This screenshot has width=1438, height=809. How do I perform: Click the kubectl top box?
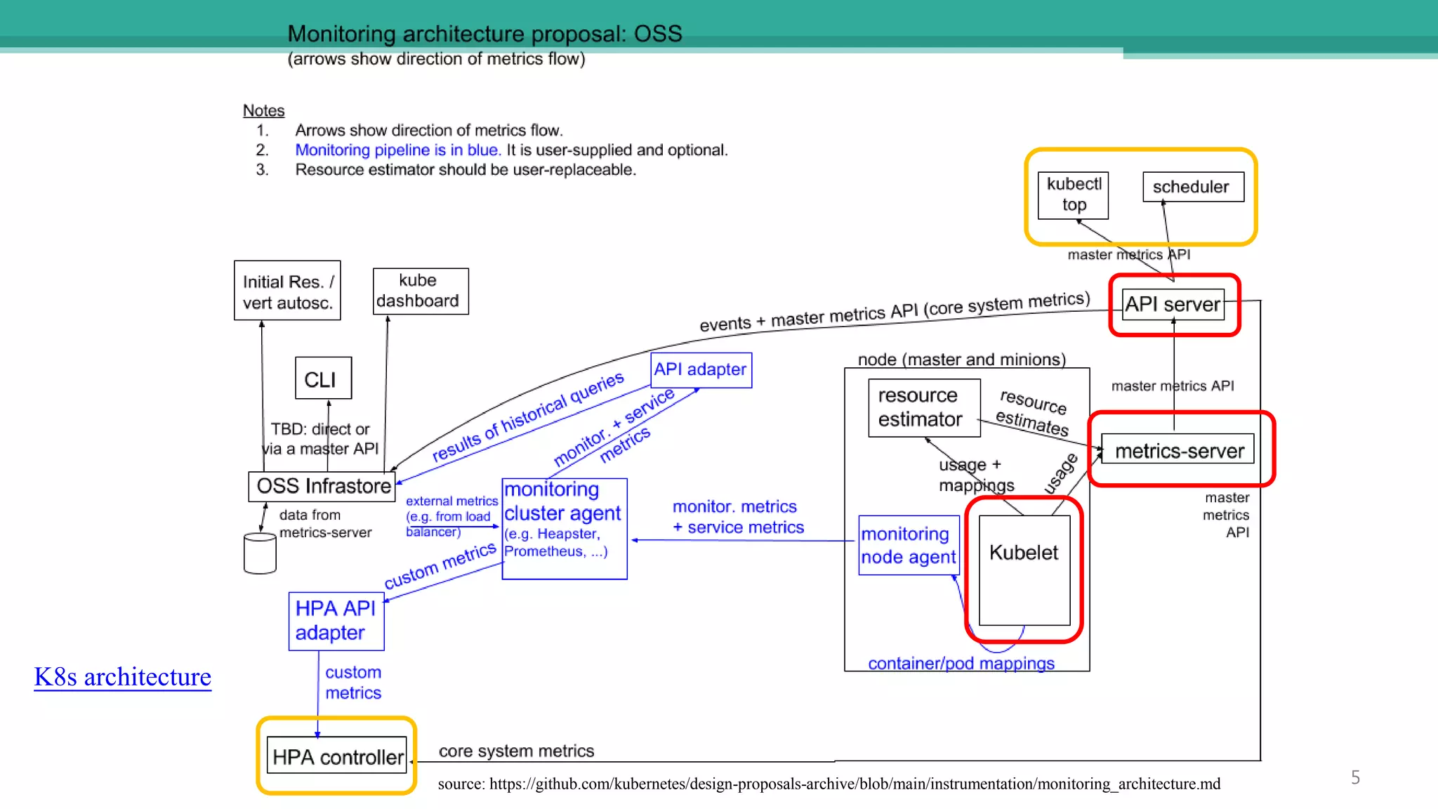tap(1073, 195)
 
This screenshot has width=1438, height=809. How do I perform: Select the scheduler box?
tap(1192, 187)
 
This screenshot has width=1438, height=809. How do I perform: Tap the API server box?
tap(1173, 304)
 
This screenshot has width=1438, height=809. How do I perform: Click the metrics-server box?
tap(1178, 450)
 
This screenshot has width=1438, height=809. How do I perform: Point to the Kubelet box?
tap(1024, 569)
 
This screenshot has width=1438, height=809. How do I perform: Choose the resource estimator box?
tap(923, 407)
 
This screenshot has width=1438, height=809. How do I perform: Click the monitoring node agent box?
tap(908, 545)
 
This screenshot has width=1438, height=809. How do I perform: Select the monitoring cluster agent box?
tap(564, 528)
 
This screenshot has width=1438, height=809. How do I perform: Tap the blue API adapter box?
tap(701, 369)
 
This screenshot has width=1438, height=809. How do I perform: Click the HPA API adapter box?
tap(336, 621)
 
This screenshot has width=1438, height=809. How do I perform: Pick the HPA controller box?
tap(337, 756)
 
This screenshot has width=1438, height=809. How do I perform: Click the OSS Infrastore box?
tap(322, 486)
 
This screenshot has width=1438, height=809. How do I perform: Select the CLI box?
tap(322, 379)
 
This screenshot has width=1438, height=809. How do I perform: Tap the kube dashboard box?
tap(419, 291)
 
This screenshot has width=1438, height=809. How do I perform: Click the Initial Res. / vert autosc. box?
tap(287, 291)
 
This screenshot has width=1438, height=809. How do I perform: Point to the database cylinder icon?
tap(259, 553)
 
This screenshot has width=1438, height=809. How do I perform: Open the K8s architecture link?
tap(122, 676)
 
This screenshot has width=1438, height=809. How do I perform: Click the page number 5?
tap(1355, 777)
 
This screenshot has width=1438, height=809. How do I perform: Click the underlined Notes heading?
tap(263, 110)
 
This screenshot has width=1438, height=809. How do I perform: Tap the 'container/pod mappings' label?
tap(961, 663)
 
